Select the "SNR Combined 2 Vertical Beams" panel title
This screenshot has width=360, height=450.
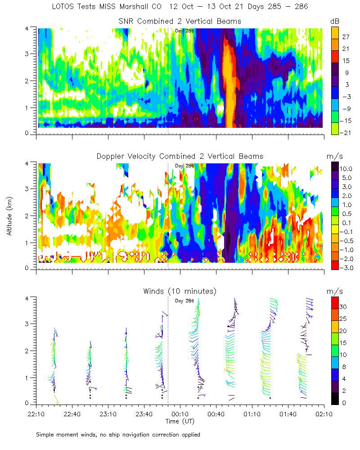(x=180, y=21)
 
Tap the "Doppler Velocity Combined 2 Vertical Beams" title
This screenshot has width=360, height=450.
(x=180, y=156)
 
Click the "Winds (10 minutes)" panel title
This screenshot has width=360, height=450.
(x=180, y=291)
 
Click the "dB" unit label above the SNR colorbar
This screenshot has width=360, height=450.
(x=335, y=21)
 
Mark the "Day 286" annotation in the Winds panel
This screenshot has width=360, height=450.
(x=184, y=301)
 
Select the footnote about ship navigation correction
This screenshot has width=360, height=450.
(x=118, y=435)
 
